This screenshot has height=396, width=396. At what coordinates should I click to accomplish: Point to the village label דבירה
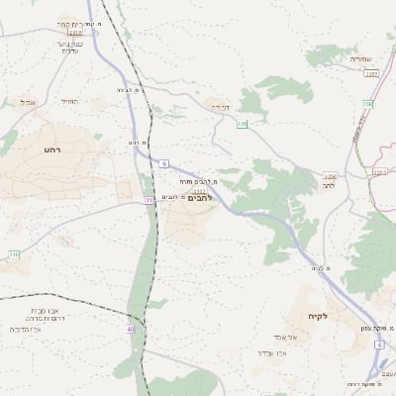point(219,106)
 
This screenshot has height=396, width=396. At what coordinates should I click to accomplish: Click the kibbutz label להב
point(330,186)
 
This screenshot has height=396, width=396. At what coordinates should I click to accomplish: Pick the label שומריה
point(359,59)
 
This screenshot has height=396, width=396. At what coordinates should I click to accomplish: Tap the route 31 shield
point(148,200)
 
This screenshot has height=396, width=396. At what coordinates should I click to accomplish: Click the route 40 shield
point(130,329)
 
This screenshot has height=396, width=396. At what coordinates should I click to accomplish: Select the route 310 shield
point(14,255)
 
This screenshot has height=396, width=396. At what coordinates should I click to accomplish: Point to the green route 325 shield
point(242,124)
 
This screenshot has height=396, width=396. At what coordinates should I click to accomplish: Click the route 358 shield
point(367,103)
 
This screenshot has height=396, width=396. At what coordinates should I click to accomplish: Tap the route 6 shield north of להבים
point(163,162)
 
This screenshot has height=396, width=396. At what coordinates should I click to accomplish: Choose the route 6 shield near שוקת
point(378,345)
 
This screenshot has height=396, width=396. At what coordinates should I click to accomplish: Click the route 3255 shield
point(379,172)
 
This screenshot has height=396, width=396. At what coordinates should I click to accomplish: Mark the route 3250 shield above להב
point(330,176)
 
